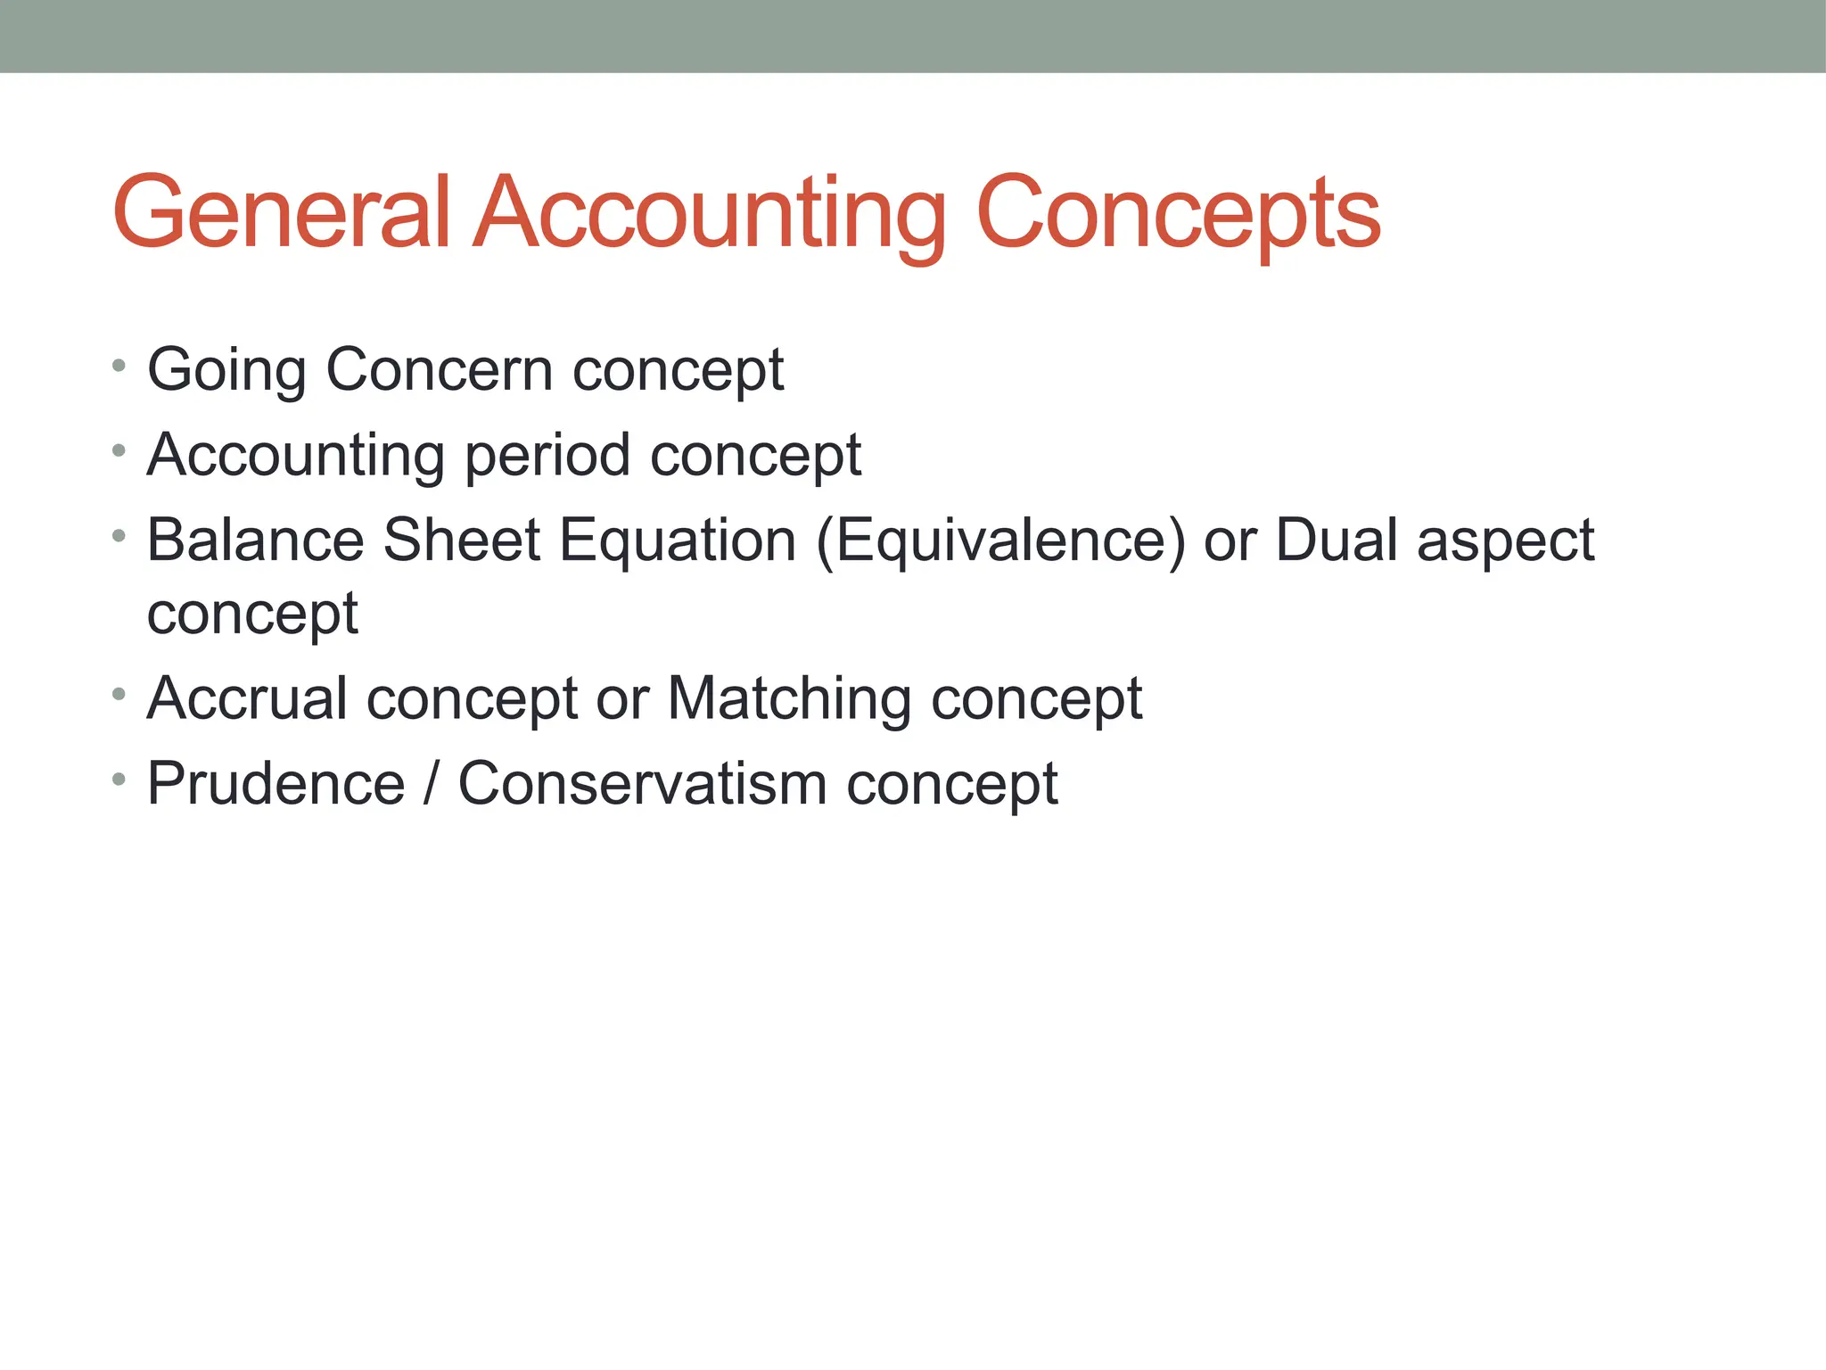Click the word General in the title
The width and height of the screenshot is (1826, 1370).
click(x=282, y=214)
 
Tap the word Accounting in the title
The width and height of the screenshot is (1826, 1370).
click(x=709, y=214)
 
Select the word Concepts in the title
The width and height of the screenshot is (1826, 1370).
click(x=1179, y=214)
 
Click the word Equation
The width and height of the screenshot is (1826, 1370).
click(x=678, y=542)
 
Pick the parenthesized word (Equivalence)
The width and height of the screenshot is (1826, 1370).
click(x=1000, y=541)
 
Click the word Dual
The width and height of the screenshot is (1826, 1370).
click(x=1337, y=541)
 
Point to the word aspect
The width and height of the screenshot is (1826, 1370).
click(x=1505, y=542)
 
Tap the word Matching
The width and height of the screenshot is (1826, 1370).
click(x=789, y=699)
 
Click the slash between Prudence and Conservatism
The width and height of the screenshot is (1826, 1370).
click(x=432, y=784)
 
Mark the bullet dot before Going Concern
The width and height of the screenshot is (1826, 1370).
click(x=119, y=366)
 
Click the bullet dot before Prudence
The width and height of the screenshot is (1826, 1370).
click(x=119, y=780)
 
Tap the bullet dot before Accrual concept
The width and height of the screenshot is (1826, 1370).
click(x=119, y=694)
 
